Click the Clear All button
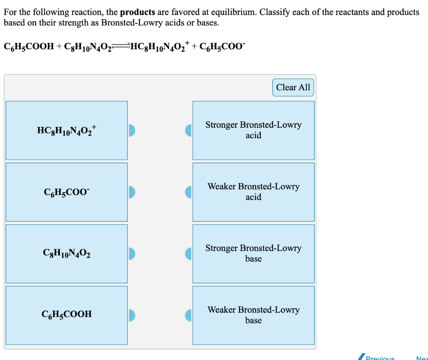point(293,87)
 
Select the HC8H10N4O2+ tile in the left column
point(66,130)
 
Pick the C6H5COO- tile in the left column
point(66,192)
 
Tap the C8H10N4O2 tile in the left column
point(66,253)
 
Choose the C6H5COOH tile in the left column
point(66,314)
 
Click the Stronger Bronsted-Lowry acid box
point(253,130)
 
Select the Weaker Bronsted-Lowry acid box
point(253,192)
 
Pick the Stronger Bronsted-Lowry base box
point(253,253)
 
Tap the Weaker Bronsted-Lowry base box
point(253,315)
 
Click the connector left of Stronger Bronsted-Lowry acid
point(188,130)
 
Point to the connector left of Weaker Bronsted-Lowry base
point(188,315)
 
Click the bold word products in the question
point(138,12)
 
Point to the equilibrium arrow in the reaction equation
point(121,47)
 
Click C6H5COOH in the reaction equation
point(29,47)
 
